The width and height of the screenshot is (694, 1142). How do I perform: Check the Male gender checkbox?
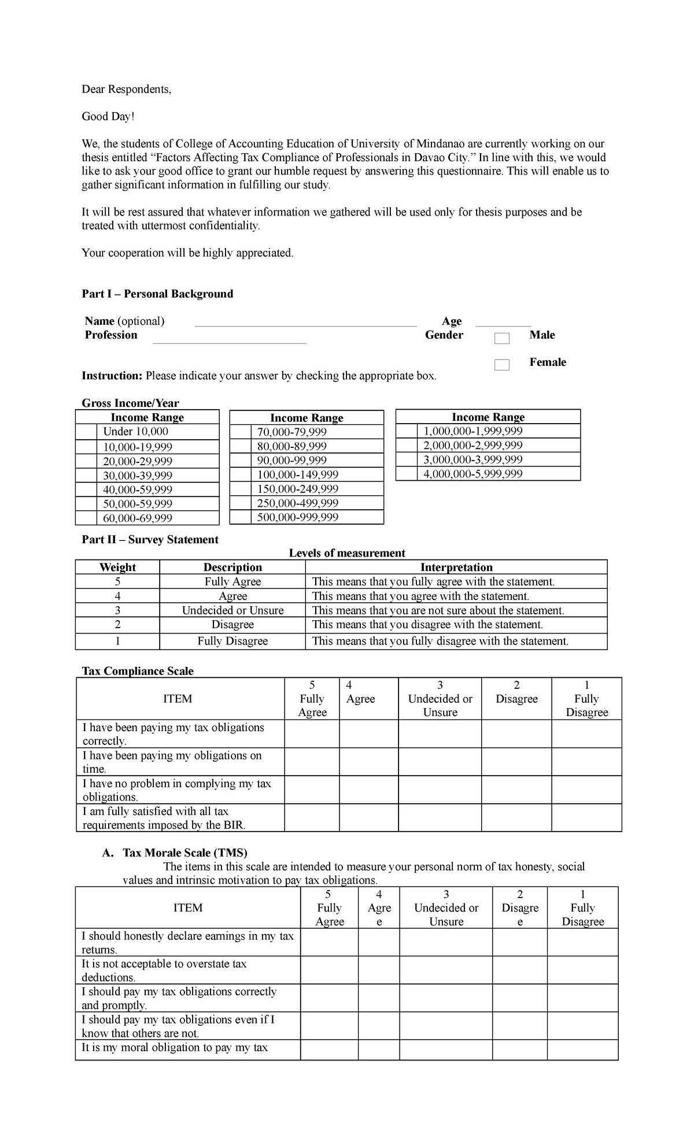point(501,339)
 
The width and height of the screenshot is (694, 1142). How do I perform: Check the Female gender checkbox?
point(501,365)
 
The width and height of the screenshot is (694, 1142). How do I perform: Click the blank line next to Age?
point(503,325)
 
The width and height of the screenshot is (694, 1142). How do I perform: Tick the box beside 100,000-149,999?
point(241,474)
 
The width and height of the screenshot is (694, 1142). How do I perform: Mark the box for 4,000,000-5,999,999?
point(406,474)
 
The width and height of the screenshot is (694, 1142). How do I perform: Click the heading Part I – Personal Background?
point(157,294)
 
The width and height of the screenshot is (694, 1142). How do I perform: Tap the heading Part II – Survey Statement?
point(150,539)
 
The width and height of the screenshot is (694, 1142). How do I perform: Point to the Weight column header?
point(117,567)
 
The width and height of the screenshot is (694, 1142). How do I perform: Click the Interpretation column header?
point(456,567)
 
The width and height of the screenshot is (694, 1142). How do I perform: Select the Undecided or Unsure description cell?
point(232,610)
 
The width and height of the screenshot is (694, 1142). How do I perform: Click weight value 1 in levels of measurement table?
point(117,641)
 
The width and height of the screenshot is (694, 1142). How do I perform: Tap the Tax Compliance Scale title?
point(138,671)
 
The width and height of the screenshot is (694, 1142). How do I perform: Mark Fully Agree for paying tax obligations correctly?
point(312,734)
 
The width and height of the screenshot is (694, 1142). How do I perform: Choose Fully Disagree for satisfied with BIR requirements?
point(586,818)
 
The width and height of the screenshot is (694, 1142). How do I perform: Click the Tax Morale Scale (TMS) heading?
point(184,852)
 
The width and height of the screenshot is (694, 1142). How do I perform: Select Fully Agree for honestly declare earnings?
point(329,943)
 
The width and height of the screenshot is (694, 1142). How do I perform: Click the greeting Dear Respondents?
point(126,89)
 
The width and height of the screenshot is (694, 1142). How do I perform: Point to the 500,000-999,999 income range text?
point(297,517)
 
